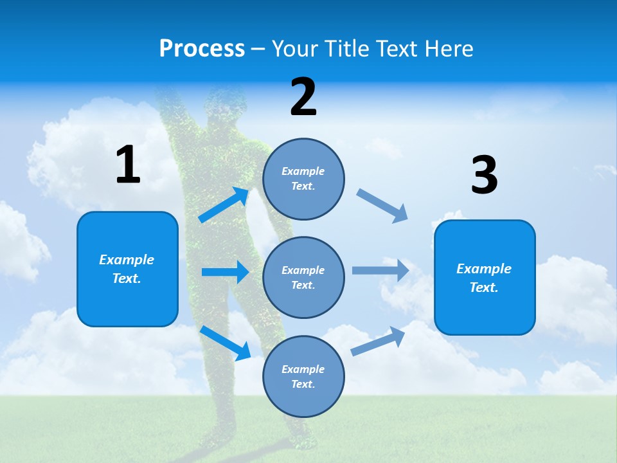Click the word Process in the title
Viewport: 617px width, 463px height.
[202, 49]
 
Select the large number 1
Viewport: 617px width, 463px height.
[128, 165]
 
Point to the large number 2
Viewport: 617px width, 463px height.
[303, 97]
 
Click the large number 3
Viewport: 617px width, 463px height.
[484, 176]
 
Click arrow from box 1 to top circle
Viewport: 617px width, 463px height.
[224, 205]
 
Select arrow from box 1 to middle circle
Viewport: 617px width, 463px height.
[225, 272]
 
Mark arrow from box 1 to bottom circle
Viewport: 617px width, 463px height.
[225, 343]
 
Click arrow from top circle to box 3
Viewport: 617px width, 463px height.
[382, 206]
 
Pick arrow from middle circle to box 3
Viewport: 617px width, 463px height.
[380, 270]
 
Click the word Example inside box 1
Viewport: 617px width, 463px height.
[127, 260]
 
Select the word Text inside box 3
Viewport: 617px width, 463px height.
[483, 287]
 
